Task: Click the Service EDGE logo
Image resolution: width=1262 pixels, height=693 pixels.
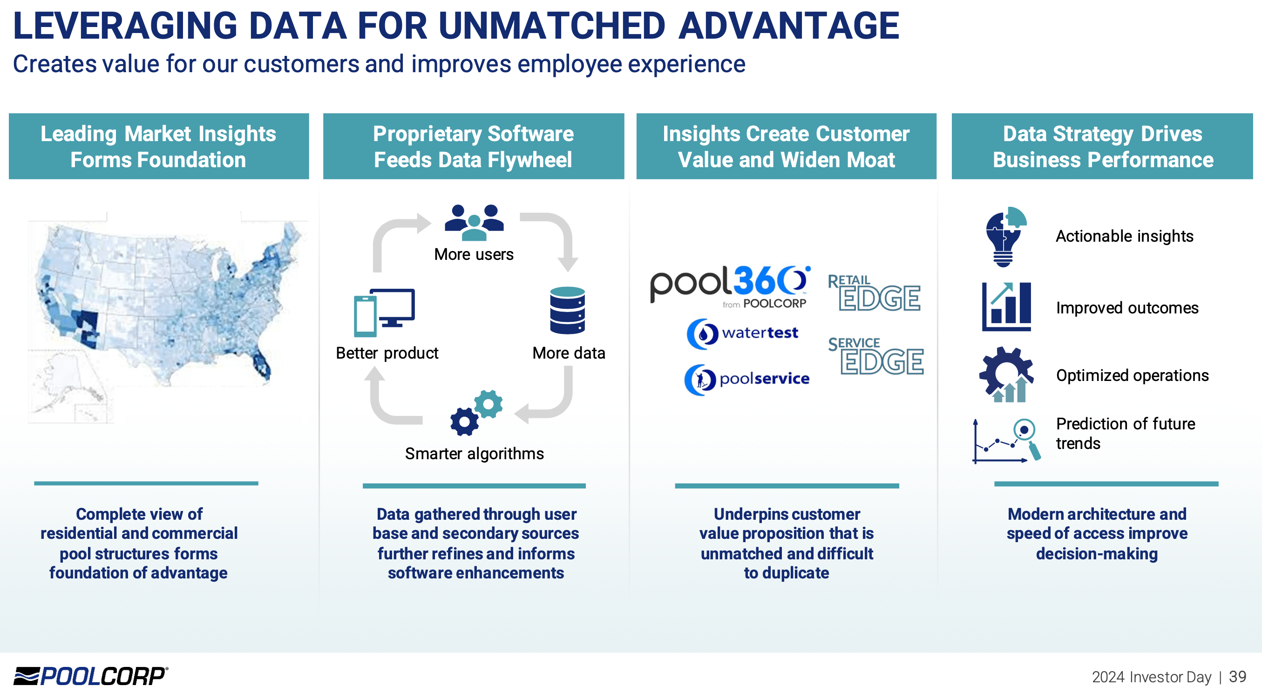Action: (x=875, y=356)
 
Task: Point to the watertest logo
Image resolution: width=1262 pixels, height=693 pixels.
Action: (x=743, y=333)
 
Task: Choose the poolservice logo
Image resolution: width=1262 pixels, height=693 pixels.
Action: (x=746, y=379)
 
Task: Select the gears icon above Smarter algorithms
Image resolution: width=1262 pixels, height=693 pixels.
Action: (x=476, y=412)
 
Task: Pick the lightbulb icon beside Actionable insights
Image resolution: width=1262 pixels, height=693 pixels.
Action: (x=1004, y=237)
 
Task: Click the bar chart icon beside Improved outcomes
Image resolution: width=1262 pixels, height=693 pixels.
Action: (x=1006, y=307)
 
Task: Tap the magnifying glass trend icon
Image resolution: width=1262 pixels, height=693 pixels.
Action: (x=1007, y=440)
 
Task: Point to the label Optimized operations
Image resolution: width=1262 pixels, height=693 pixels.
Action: (x=1132, y=375)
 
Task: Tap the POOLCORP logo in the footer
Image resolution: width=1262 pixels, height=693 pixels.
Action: (x=91, y=676)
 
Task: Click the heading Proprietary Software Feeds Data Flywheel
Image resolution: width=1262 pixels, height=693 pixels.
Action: (x=473, y=147)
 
